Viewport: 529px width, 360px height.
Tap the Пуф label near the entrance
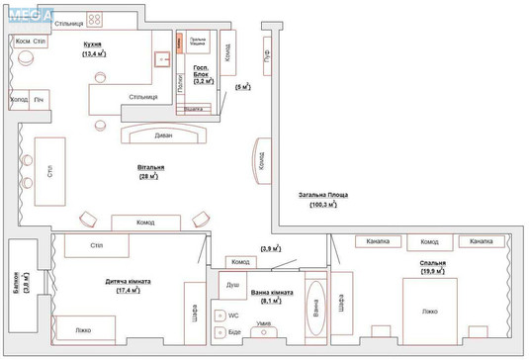[x=267, y=58]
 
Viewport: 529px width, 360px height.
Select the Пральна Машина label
[x=198, y=43]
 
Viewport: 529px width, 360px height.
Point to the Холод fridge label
[x=19, y=100]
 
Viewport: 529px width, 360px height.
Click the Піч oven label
[x=40, y=100]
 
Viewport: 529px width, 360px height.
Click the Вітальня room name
[x=150, y=168]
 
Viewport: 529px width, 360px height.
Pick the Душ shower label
[x=232, y=285]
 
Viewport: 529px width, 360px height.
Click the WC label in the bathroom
[x=234, y=315]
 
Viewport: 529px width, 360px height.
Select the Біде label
[x=234, y=332]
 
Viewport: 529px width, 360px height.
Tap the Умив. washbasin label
[x=264, y=323]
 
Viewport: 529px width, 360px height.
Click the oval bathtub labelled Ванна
[x=315, y=313]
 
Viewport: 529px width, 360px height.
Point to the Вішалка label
[x=196, y=109]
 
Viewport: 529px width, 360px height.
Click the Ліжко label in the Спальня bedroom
[x=429, y=312]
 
